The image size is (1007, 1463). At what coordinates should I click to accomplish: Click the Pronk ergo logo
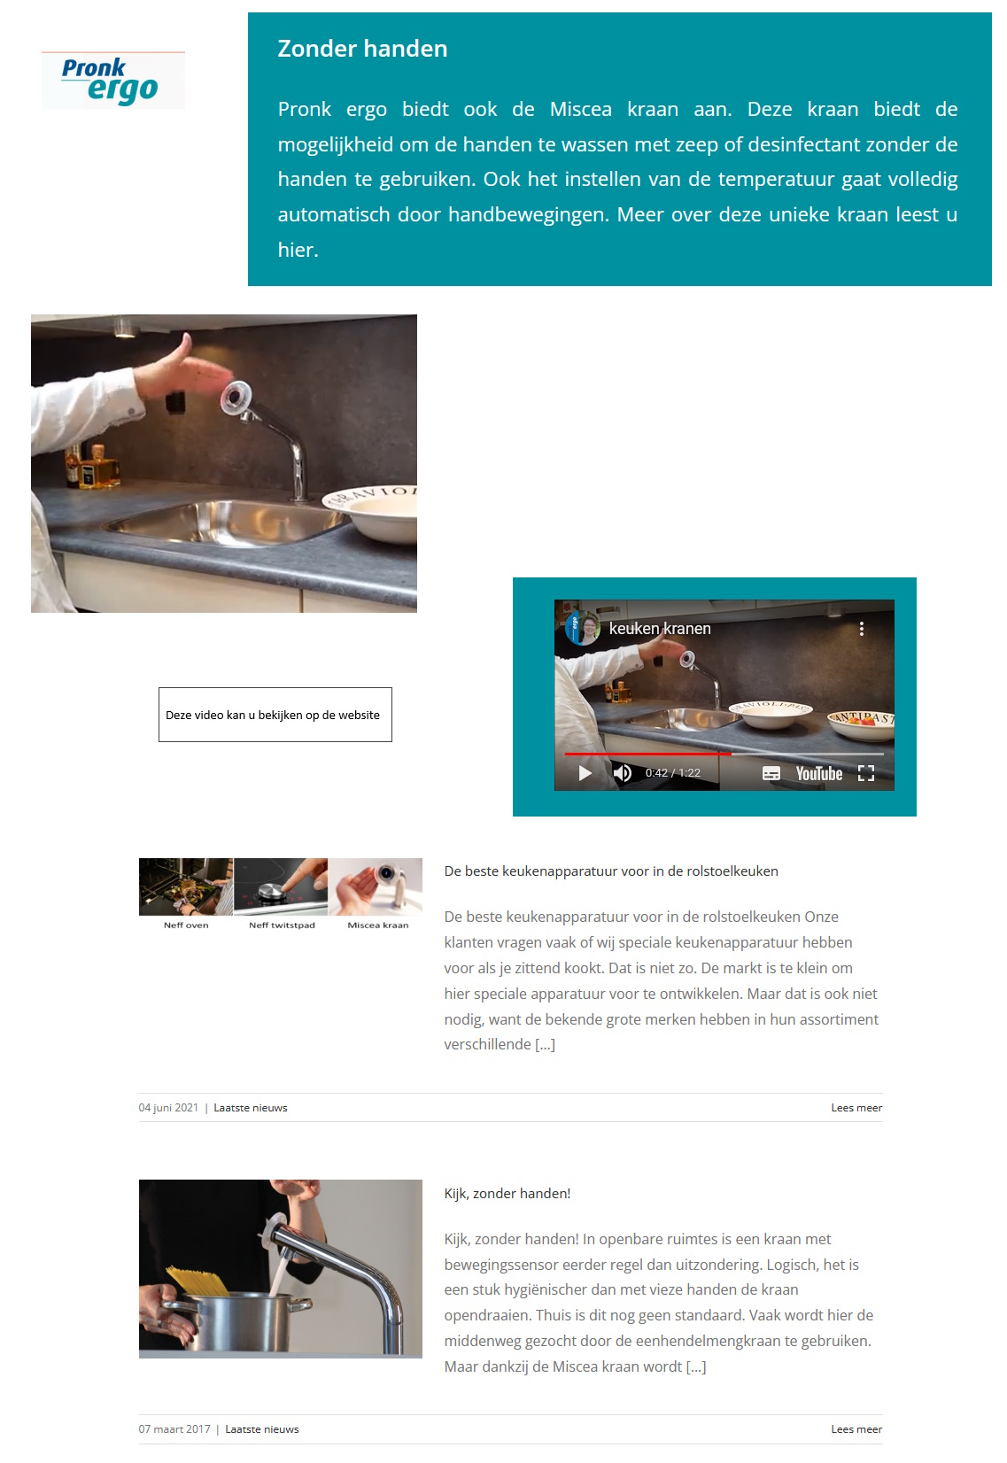point(112,80)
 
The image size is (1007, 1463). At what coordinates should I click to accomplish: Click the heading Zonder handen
point(362,49)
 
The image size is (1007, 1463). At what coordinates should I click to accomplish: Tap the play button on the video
point(585,773)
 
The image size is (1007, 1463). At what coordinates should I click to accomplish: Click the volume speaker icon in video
point(623,773)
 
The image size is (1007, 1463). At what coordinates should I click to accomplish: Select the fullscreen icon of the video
point(866,773)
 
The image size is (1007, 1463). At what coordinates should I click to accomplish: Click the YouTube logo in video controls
point(818,774)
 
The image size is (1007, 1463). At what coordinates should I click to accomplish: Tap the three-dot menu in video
point(861,629)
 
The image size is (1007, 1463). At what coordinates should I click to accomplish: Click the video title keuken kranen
point(660,629)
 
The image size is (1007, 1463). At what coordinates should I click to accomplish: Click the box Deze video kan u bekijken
point(275,715)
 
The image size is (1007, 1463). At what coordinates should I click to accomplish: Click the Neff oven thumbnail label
point(186,925)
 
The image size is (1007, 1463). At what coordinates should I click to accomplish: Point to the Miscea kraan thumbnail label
point(378,925)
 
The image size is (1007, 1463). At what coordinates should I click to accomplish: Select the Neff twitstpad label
point(282,925)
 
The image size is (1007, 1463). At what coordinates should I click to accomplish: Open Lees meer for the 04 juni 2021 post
point(856,1108)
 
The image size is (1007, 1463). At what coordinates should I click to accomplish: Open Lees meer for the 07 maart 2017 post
point(856,1429)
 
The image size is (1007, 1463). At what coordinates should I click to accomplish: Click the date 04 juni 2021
point(168,1108)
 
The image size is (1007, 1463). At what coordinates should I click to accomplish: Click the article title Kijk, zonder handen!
point(507,1194)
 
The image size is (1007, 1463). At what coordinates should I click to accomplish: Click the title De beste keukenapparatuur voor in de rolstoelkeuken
point(611,871)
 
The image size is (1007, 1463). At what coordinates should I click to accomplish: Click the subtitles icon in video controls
point(771,773)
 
